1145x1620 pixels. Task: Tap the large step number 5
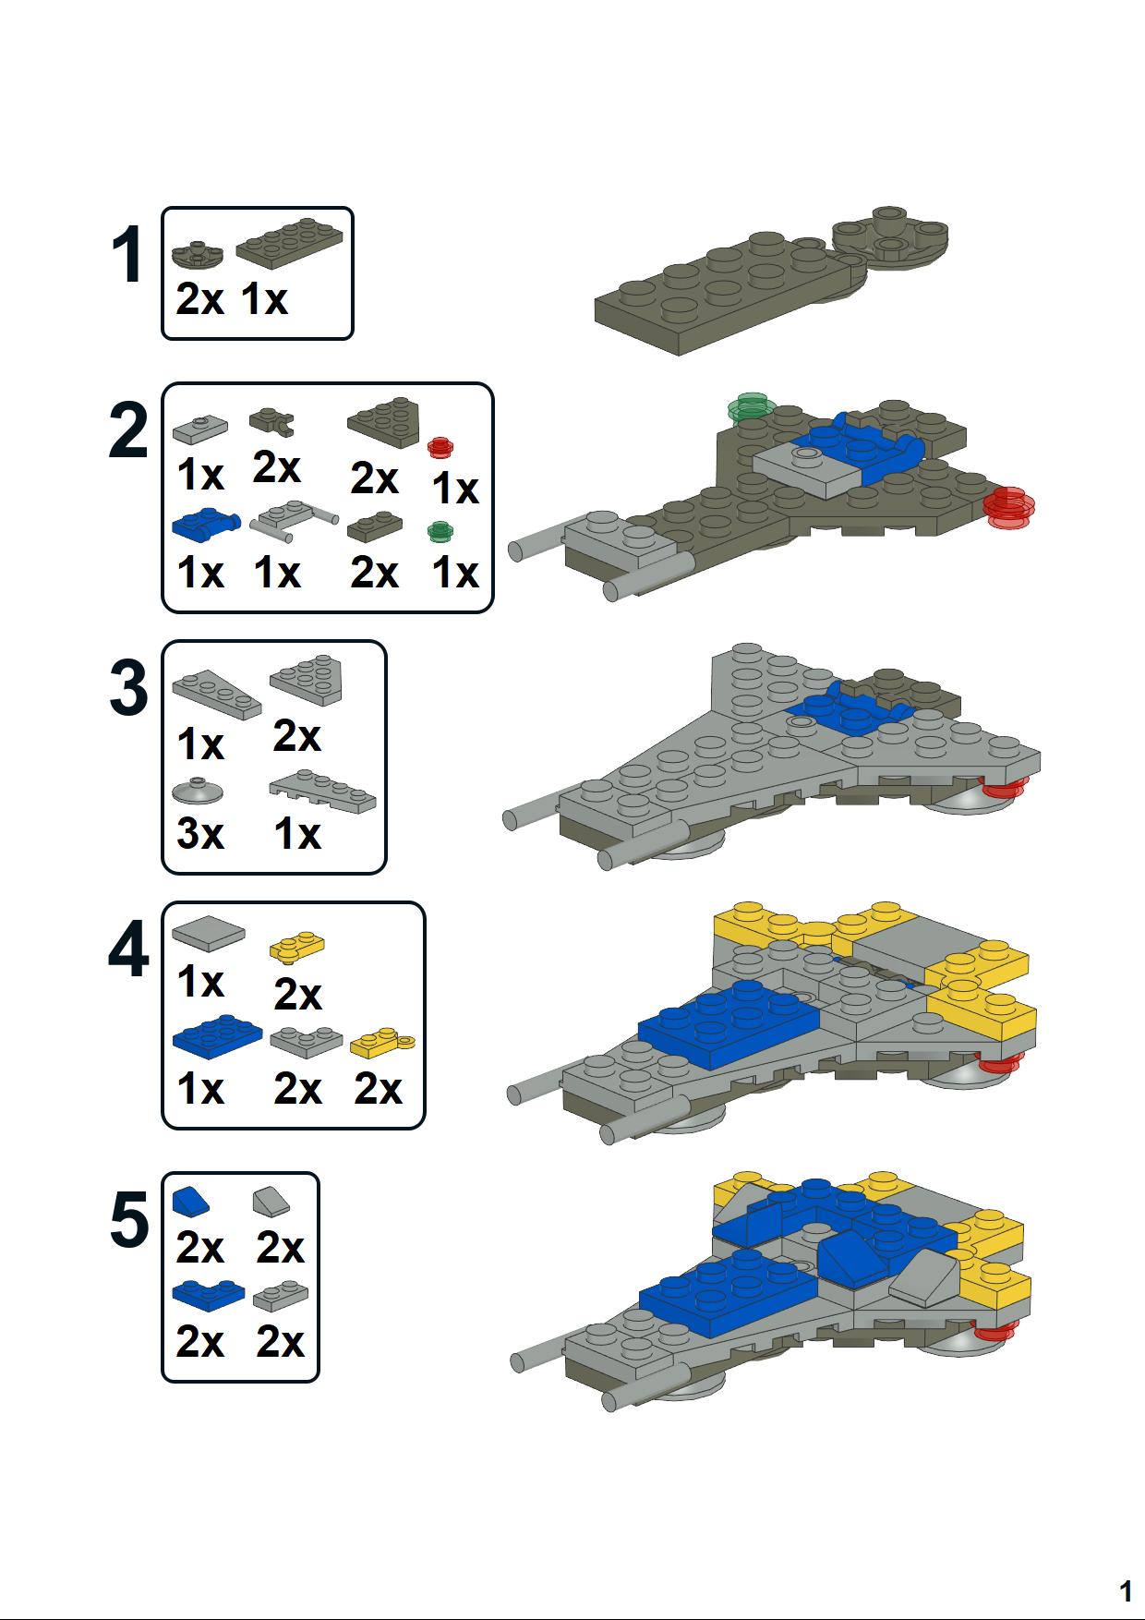click(128, 1221)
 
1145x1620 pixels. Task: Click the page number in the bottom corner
click(1125, 1591)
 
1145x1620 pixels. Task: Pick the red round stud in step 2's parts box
click(440, 447)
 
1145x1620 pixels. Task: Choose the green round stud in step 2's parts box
click(440, 531)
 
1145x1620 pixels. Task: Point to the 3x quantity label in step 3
click(200, 834)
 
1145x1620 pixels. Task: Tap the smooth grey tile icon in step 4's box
click(209, 933)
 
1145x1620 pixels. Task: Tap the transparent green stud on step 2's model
click(749, 406)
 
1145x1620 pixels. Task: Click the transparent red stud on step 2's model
click(1008, 508)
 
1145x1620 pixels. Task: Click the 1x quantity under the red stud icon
click(456, 489)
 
